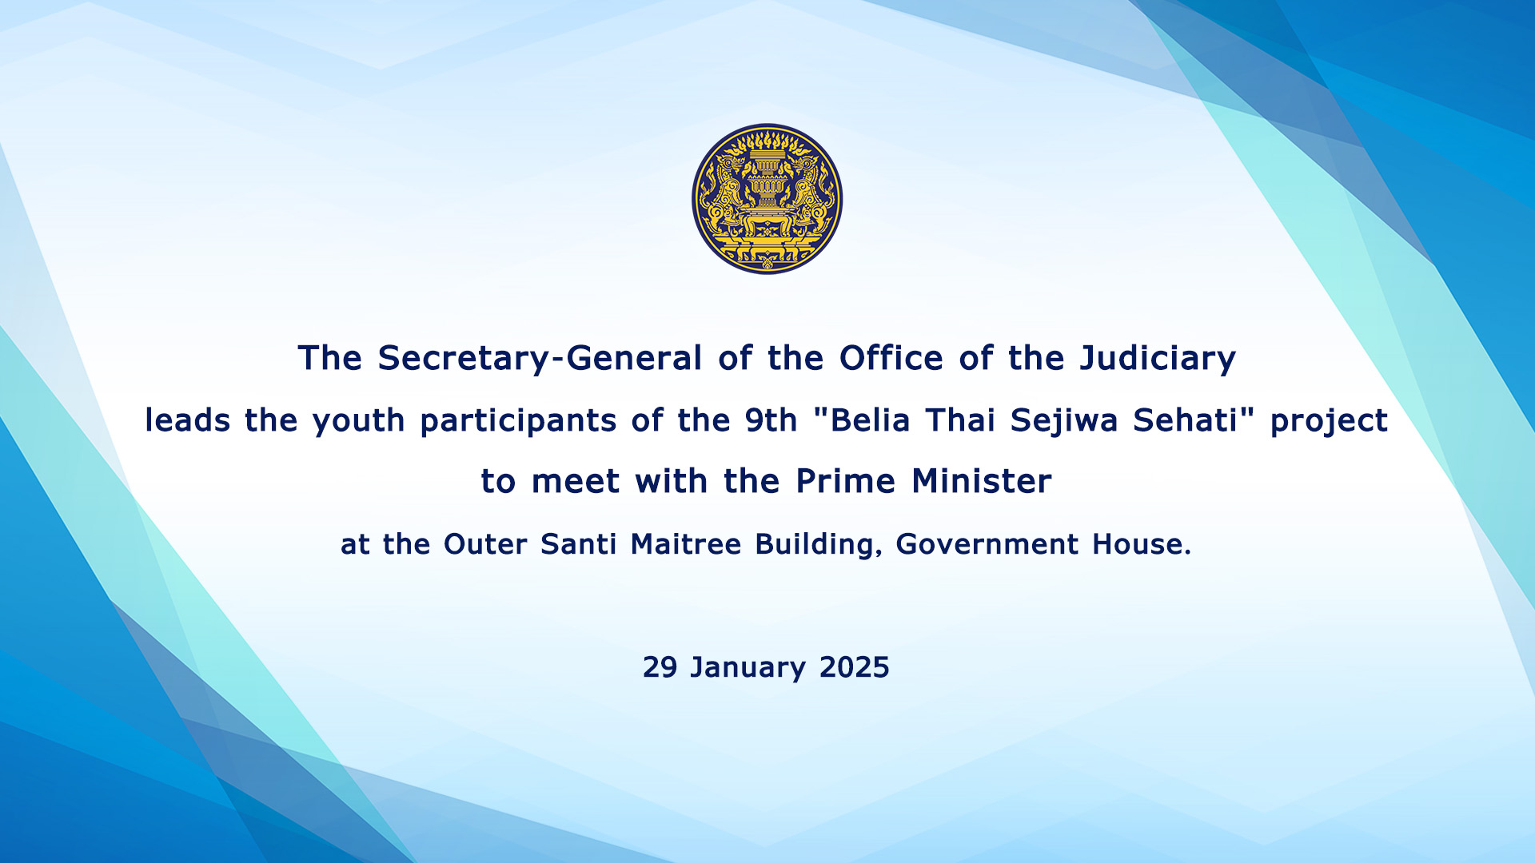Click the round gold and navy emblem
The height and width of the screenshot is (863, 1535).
(767, 199)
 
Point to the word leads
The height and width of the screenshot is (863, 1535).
(188, 420)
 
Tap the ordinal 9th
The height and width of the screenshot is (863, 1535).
(771, 420)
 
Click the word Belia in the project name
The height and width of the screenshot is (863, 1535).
(871, 420)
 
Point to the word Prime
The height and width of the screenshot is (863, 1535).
(846, 482)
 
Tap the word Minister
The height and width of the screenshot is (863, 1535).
(982, 482)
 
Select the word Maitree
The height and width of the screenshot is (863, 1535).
(686, 544)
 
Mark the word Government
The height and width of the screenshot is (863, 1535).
(987, 544)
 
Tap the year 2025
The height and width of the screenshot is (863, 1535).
(855, 667)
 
